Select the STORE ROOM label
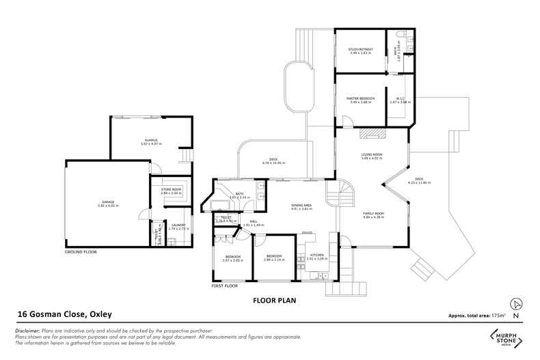coord(171,189)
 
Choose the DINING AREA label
coord(301,206)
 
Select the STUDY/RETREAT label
coord(359,49)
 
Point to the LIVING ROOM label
coord(372,154)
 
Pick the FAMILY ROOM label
coord(373,214)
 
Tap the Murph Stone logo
coord(506,337)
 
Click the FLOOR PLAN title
coord(273,299)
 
